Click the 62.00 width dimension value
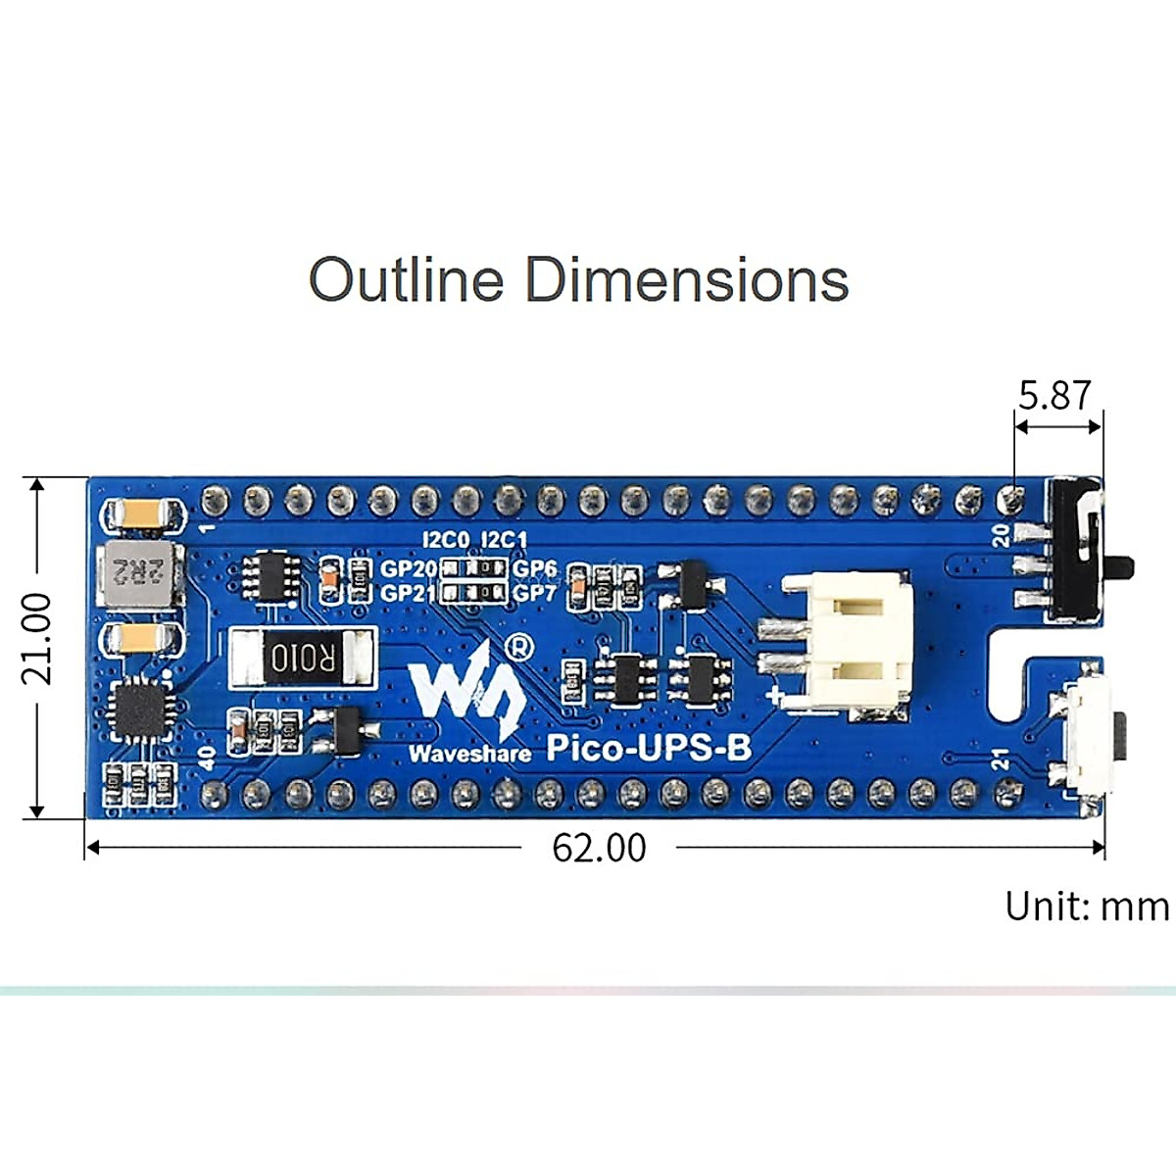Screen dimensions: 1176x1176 click(599, 848)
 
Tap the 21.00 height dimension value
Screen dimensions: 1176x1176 click(37, 638)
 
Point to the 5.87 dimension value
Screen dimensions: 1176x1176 click(1054, 396)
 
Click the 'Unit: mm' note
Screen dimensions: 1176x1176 click(1087, 906)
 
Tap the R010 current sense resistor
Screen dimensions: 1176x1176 click(302, 658)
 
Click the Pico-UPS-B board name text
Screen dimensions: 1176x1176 click(648, 748)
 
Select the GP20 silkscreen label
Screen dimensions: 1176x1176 click(408, 568)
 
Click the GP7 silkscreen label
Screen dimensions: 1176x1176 click(535, 593)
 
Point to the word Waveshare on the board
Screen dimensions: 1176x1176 click(469, 753)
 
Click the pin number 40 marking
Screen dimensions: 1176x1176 click(207, 758)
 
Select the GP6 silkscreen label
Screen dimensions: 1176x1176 click(535, 568)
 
